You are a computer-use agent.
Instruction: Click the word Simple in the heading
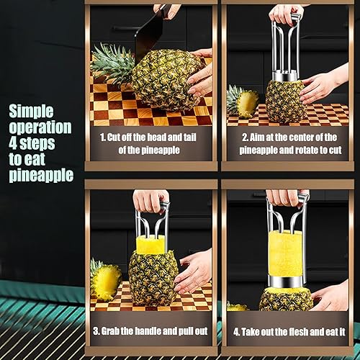(x=31, y=112)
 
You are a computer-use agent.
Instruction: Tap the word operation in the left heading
(x=40, y=127)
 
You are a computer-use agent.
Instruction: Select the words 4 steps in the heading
(x=32, y=143)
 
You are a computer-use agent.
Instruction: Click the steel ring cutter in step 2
(x=285, y=76)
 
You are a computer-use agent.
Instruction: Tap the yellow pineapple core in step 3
(x=150, y=244)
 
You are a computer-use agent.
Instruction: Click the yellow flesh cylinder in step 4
(x=286, y=254)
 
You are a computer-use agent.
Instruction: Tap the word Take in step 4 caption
(x=251, y=332)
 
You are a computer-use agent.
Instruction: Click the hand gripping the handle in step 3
(x=150, y=201)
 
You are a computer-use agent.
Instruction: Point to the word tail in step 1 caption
(x=190, y=138)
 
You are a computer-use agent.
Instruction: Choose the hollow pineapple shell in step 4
(x=286, y=300)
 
